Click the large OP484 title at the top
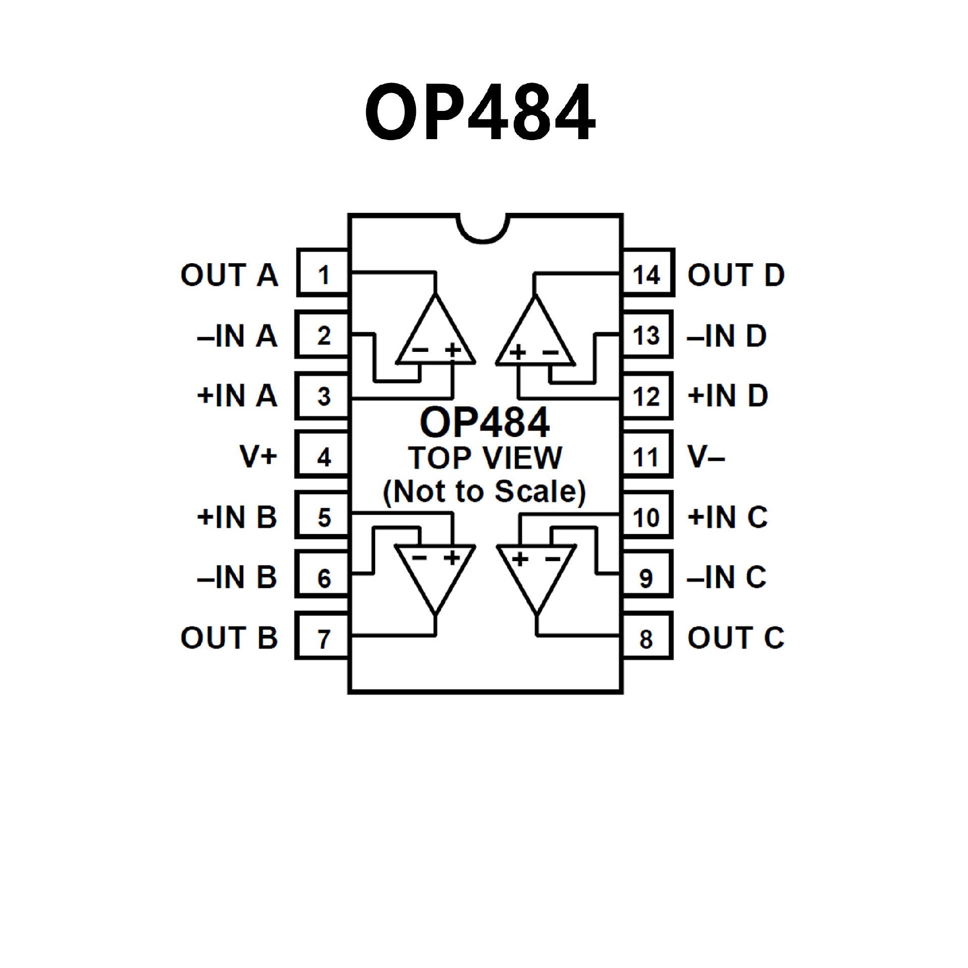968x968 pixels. pyautogui.click(x=480, y=112)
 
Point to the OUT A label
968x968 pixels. pyautogui.click(x=229, y=275)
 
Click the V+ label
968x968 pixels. pyautogui.click(x=258, y=456)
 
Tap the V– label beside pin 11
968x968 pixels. pyautogui.click(x=706, y=457)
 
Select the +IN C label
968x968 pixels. pyautogui.click(x=728, y=517)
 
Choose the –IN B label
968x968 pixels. pyautogui.click(x=237, y=577)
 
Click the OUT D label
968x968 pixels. pyautogui.click(x=736, y=275)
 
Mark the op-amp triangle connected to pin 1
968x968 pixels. pyautogui.click(x=436, y=335)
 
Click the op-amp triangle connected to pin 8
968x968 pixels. pyautogui.click(x=536, y=575)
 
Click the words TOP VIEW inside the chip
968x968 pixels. pyautogui.click(x=485, y=458)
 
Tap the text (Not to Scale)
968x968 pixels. pyautogui.click(x=484, y=492)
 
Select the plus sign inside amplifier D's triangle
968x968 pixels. pyautogui.click(x=518, y=351)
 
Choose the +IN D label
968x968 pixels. pyautogui.click(x=728, y=396)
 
